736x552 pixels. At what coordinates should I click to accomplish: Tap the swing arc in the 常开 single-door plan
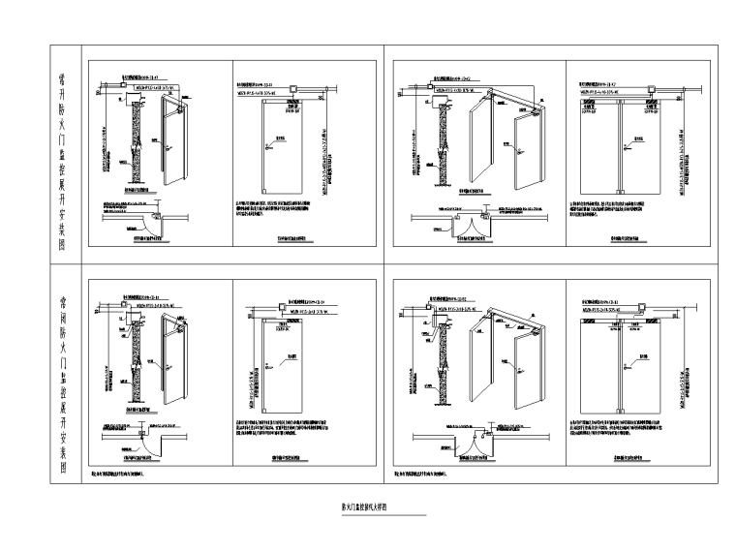click(x=143, y=222)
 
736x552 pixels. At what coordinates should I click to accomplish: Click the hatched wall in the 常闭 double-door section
click(x=445, y=358)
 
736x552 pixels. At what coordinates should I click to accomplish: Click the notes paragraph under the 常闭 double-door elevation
click(x=620, y=430)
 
